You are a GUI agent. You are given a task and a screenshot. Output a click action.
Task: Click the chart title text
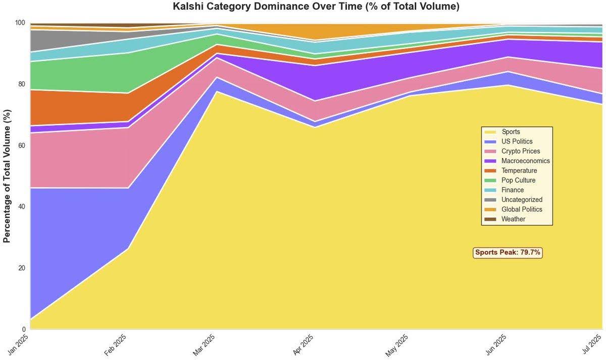(x=316, y=7)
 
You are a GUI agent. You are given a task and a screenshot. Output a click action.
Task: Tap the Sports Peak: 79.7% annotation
(x=508, y=252)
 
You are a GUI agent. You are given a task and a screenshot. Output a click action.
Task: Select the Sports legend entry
(x=511, y=132)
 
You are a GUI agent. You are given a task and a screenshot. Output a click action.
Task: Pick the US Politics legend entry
(x=517, y=142)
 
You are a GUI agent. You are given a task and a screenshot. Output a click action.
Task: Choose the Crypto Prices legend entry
(x=520, y=151)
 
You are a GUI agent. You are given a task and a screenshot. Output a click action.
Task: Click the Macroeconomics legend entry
(x=525, y=161)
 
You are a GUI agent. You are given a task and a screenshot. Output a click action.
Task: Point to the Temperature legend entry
(x=519, y=171)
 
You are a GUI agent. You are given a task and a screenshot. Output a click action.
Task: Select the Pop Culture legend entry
(x=518, y=180)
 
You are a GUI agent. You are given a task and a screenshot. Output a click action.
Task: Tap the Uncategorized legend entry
(x=522, y=200)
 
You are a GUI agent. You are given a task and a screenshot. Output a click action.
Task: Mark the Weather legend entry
(x=513, y=219)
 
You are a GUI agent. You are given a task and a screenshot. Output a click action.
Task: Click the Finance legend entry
(x=512, y=190)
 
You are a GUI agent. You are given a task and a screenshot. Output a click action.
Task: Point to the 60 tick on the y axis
(x=22, y=145)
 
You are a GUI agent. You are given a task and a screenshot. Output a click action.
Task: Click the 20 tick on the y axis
(x=22, y=268)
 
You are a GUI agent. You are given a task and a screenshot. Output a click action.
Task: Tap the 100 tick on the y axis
(x=20, y=23)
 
